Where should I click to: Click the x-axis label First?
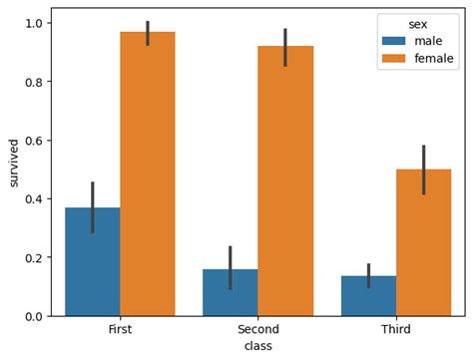(120, 330)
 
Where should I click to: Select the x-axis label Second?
(257, 330)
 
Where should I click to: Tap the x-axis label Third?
(395, 330)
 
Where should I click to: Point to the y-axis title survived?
(13, 164)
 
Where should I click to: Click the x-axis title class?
(257, 345)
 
